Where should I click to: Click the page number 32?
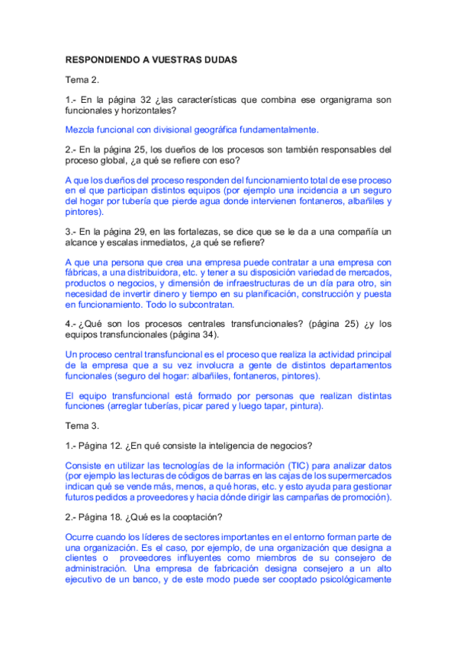pyautogui.click(x=146, y=100)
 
